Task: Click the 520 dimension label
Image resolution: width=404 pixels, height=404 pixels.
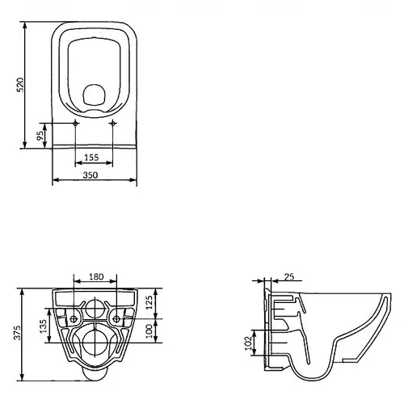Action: [20, 85]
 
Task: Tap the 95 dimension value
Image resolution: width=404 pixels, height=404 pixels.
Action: [40, 136]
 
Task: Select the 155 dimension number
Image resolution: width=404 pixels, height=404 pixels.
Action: [91, 158]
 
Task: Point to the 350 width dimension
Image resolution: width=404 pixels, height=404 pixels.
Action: [90, 175]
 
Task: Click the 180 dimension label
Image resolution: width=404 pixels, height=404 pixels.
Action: [96, 276]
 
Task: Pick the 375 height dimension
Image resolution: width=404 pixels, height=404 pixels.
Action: [17, 333]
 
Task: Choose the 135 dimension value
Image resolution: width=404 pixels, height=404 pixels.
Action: [43, 326]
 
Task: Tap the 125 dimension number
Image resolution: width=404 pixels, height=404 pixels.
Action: [149, 302]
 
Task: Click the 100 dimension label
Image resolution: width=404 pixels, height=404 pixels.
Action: [149, 330]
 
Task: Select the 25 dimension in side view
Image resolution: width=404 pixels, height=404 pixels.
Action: [289, 276]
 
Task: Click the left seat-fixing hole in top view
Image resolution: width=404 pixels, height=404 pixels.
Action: [75, 123]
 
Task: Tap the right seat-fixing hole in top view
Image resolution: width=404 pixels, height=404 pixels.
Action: [113, 123]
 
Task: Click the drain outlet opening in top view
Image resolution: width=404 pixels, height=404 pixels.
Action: [93, 95]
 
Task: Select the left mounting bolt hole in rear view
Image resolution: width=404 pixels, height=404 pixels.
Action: [74, 319]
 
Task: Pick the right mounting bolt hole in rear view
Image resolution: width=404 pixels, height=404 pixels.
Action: [116, 319]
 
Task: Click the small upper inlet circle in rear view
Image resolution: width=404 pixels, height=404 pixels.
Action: [95, 309]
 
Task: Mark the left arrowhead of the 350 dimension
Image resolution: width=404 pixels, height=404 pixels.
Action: [55, 180]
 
